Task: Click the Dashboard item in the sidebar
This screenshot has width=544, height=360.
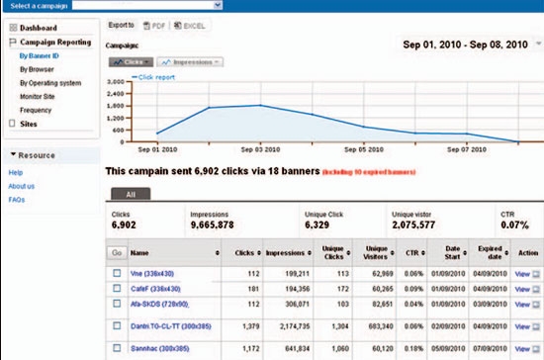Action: pos(38,28)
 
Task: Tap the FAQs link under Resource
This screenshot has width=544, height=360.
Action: pos(18,199)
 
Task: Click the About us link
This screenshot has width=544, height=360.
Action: pos(23,186)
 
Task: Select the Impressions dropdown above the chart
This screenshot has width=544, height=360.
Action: pos(190,61)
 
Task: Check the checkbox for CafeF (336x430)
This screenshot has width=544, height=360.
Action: pos(117,287)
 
